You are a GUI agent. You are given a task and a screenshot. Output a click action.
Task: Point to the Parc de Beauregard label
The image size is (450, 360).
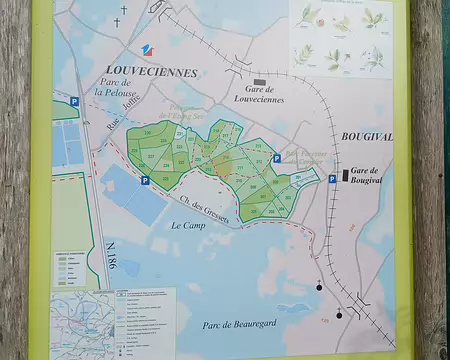pyautogui.click(x=238, y=323)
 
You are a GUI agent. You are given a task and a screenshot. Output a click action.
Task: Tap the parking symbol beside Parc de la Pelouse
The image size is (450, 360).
pyautogui.click(x=74, y=100)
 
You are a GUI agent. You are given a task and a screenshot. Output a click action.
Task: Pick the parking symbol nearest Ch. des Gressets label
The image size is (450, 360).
pyautogui.click(x=146, y=181)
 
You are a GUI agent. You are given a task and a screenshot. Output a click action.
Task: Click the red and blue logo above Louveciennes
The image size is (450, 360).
pyautogui.click(x=147, y=51)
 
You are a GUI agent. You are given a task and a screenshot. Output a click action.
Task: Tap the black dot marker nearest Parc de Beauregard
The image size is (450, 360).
pyautogui.click(x=339, y=315)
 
